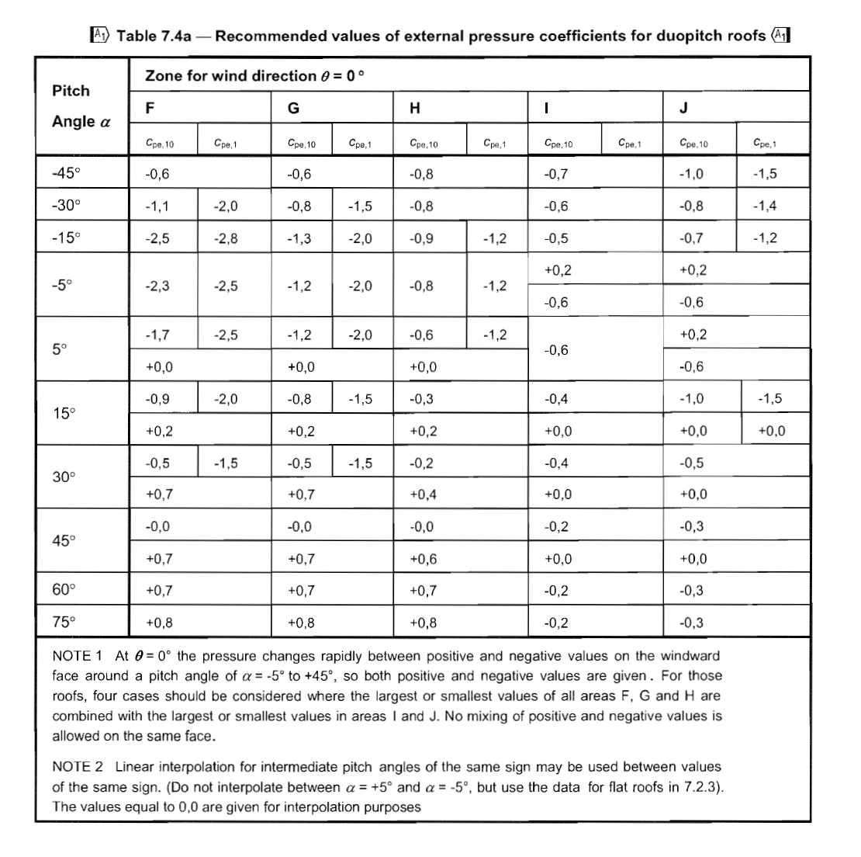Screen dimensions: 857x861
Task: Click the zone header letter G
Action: click(292, 109)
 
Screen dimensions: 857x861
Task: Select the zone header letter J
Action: click(683, 109)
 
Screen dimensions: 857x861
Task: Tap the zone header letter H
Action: click(415, 109)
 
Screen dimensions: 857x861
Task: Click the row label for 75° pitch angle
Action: click(65, 622)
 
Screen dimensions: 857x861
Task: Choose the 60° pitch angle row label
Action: click(65, 590)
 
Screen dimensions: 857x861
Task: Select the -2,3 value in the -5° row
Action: click(157, 286)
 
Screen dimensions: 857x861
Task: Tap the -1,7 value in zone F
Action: click(157, 335)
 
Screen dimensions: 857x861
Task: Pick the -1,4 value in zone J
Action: click(764, 206)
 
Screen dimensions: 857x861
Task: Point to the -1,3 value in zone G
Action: click(299, 238)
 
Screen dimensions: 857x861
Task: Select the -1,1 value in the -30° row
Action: click(157, 206)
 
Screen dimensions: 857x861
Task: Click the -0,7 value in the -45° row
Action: click(556, 174)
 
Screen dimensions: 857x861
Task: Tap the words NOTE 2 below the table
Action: click(78, 767)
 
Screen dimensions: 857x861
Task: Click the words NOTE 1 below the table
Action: click(78, 655)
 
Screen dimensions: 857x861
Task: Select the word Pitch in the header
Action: click(71, 91)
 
